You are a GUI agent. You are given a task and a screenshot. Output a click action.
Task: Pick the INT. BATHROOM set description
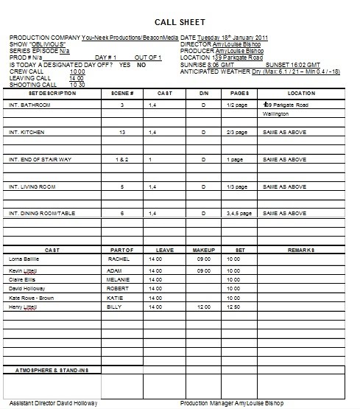pos(28,107)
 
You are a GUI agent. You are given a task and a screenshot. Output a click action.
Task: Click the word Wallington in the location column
pos(277,114)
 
